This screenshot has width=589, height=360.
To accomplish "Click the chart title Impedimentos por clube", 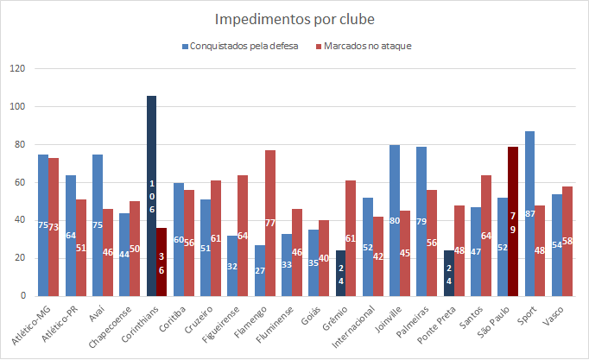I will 293,18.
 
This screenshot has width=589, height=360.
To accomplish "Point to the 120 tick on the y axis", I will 20,69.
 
